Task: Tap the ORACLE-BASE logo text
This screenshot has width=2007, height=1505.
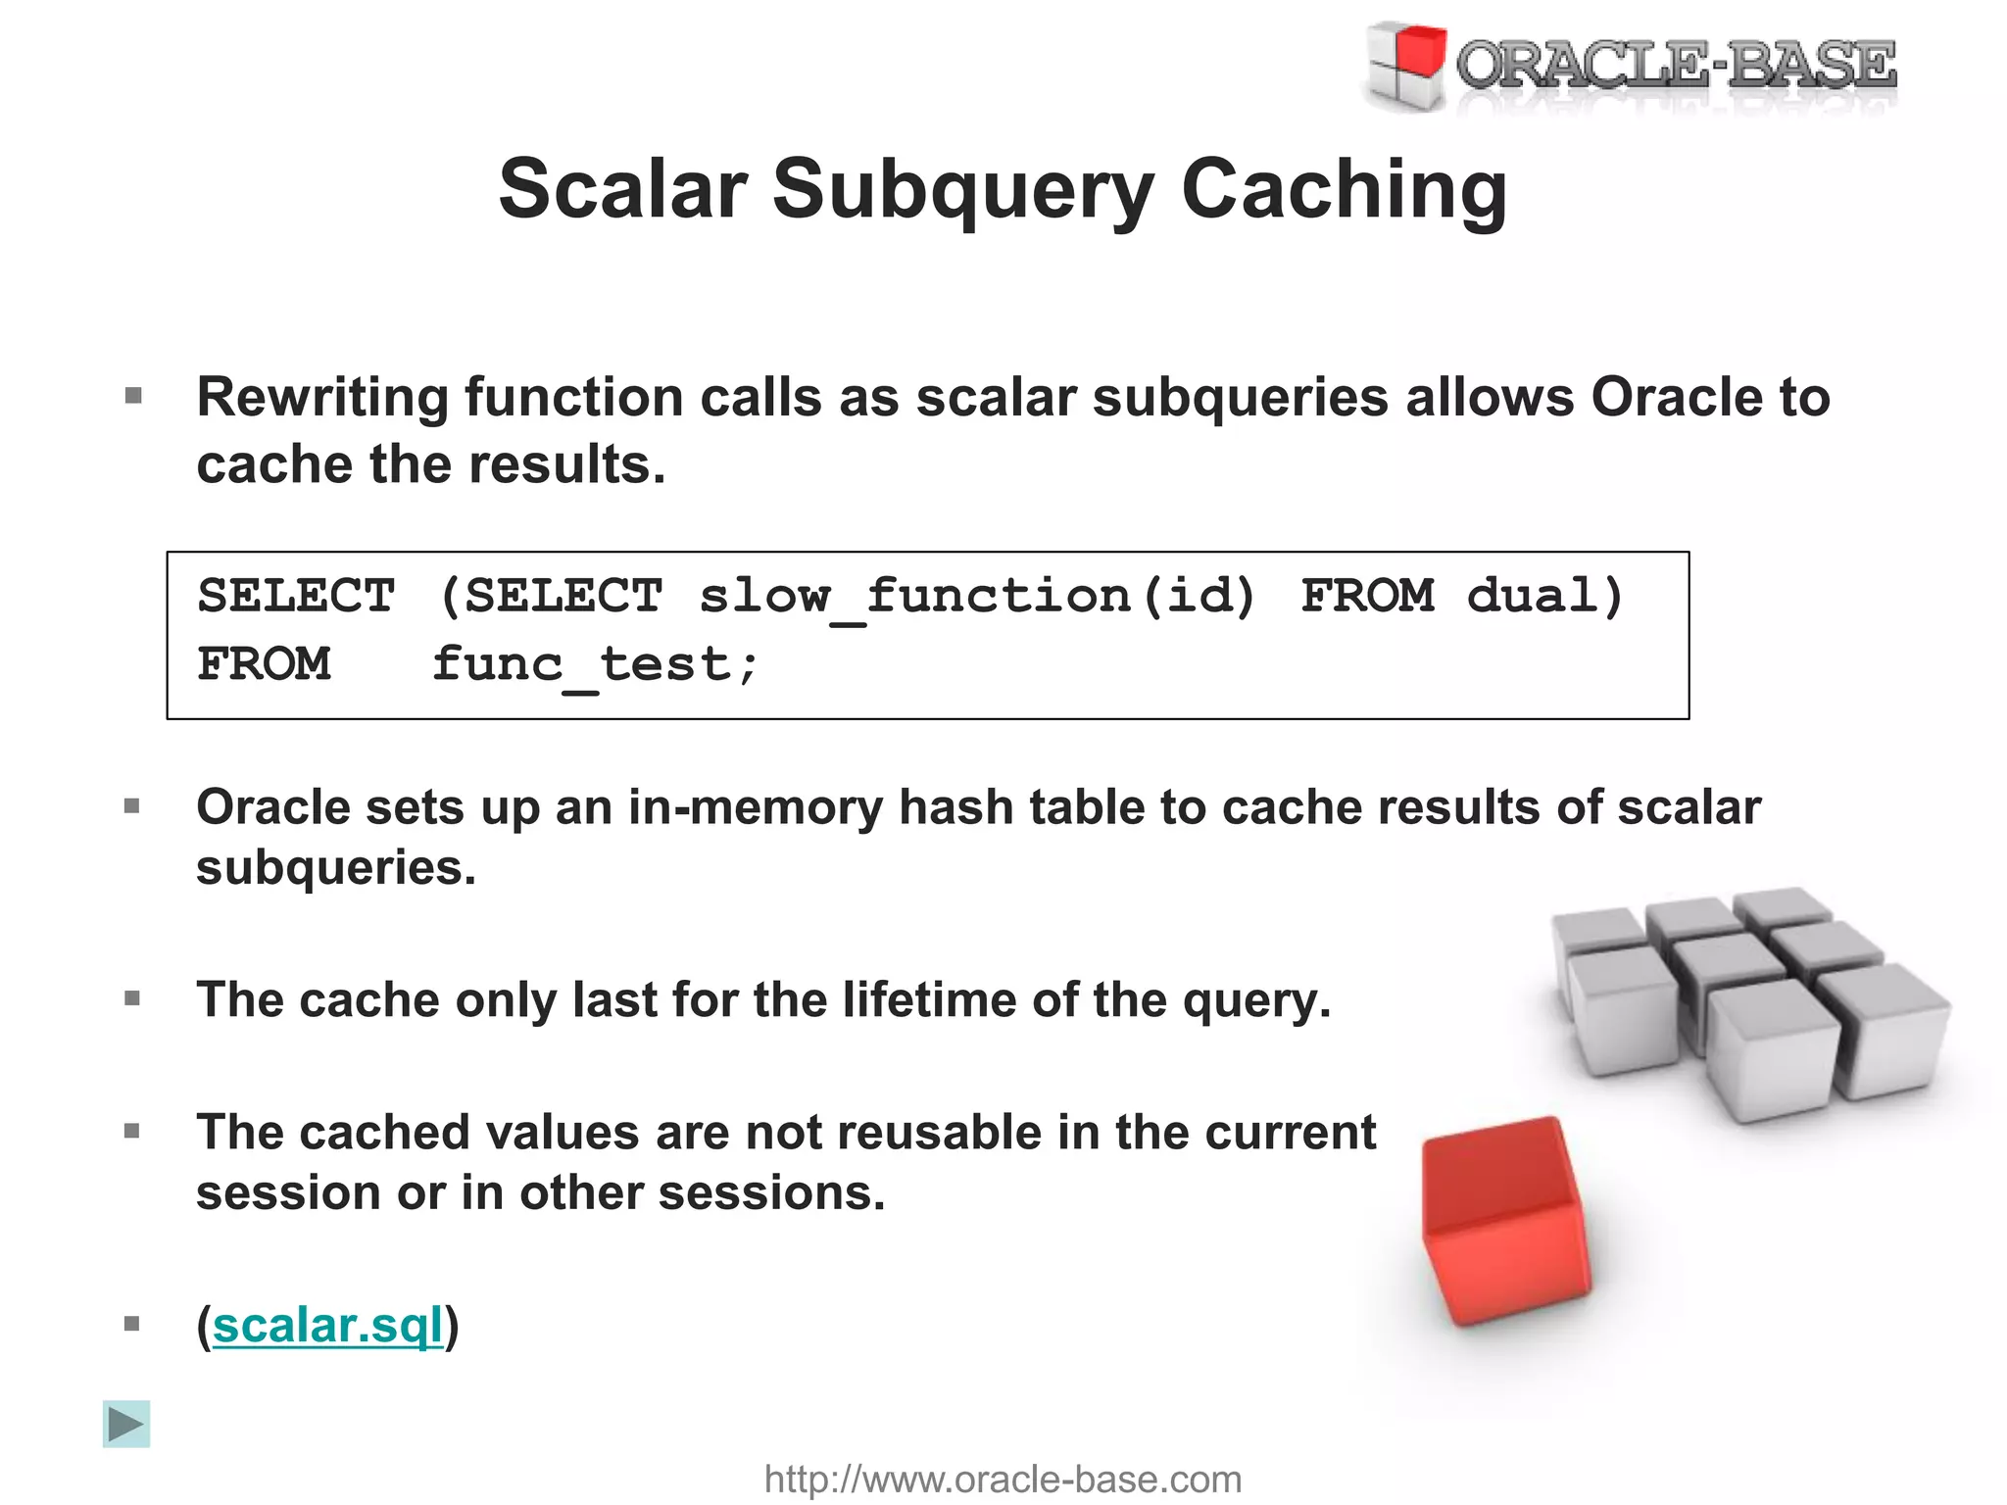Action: click(x=1676, y=65)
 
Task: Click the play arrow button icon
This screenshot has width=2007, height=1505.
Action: click(x=126, y=1424)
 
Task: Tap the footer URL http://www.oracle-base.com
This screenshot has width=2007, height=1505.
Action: click(x=1003, y=1479)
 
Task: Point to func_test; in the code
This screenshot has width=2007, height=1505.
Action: click(x=596, y=664)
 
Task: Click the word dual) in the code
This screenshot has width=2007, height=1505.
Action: click(x=1545, y=596)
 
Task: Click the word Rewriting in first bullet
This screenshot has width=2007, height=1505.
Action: click(x=321, y=398)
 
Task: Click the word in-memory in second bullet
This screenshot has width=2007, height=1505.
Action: click(x=755, y=807)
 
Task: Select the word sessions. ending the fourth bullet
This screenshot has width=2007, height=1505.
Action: click(x=771, y=1193)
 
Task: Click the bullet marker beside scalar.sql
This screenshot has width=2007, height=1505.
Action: click(x=133, y=1325)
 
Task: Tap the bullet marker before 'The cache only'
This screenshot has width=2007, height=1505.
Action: click(x=133, y=999)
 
